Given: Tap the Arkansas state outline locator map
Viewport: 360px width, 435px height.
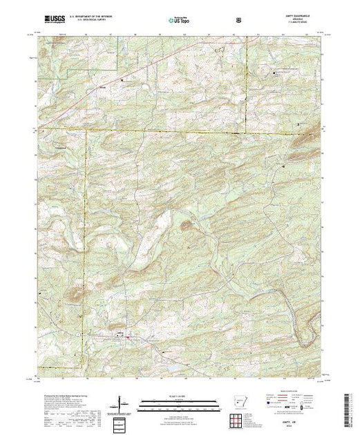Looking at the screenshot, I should [238, 403].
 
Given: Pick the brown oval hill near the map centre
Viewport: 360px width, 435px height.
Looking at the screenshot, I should [186, 224].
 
